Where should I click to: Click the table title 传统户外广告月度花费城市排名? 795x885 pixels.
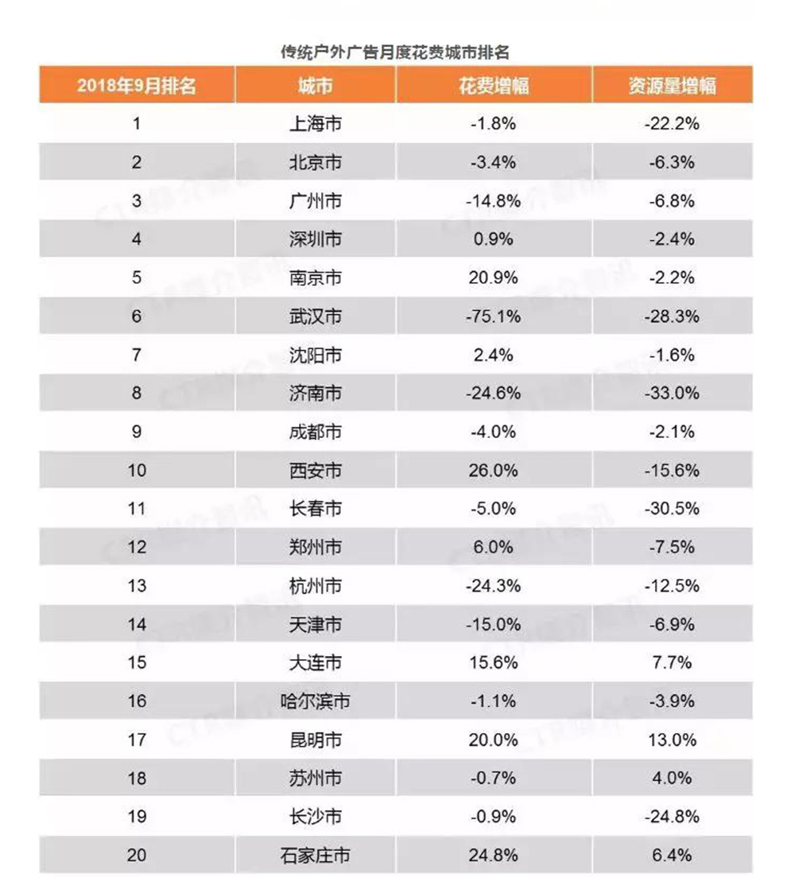coord(395,53)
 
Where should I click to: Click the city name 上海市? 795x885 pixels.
coord(315,124)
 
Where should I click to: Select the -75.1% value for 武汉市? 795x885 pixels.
coord(493,316)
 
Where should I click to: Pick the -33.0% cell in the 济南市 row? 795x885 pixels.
coord(673,394)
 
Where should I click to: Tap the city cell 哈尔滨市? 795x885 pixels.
coord(315,701)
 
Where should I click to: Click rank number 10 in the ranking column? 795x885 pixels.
coord(137,471)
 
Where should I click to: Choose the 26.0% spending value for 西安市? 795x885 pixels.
coord(493,471)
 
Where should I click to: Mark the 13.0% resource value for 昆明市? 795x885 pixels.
coord(673,739)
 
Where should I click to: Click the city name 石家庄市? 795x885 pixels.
coord(315,856)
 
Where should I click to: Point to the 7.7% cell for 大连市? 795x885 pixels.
coord(673,663)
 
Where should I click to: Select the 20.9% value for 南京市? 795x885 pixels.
coord(493,278)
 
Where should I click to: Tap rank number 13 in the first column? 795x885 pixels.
coord(137,586)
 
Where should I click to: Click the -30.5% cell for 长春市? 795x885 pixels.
coord(673,509)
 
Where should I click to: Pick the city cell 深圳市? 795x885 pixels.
coord(315,239)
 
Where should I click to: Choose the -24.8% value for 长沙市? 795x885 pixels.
coord(673,817)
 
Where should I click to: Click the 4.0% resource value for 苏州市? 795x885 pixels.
coord(673,778)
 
